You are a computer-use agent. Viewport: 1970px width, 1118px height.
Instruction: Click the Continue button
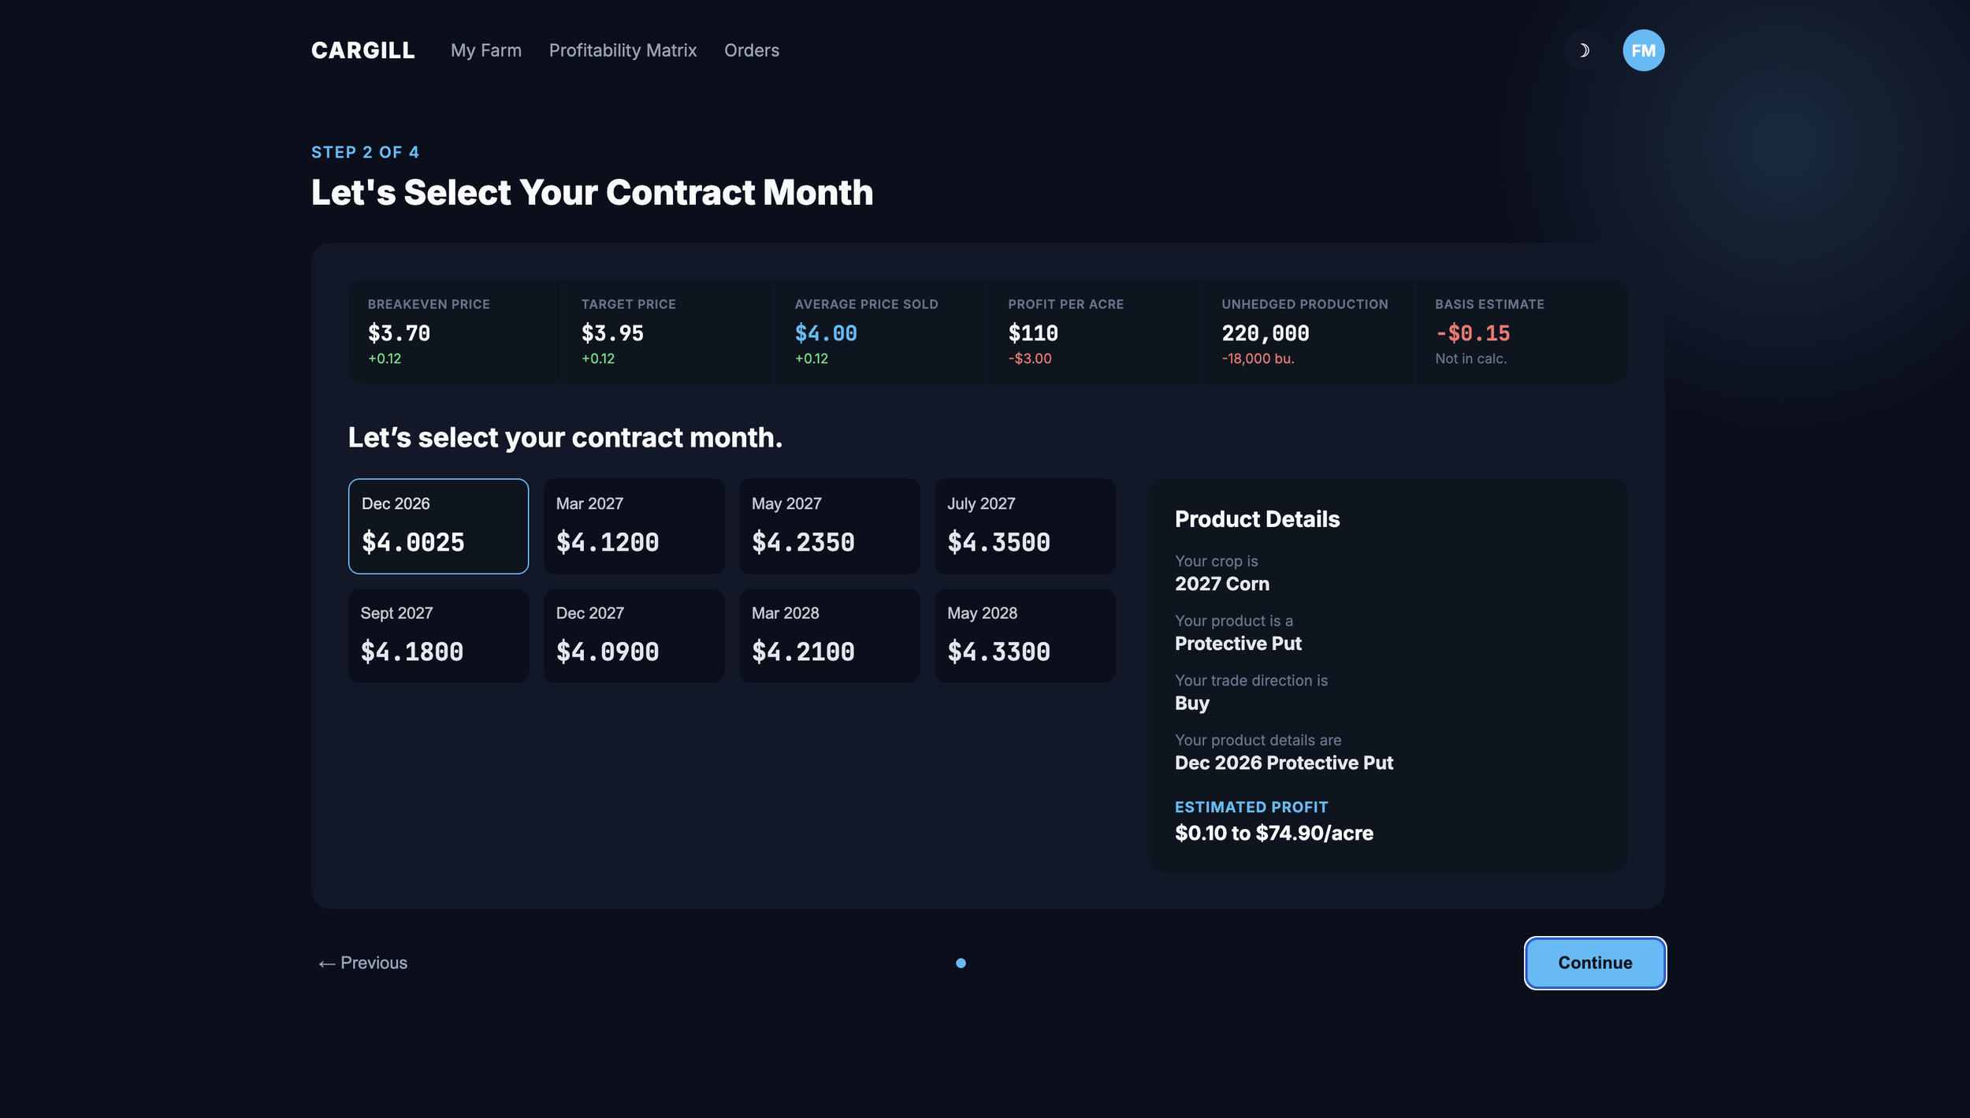(1595, 963)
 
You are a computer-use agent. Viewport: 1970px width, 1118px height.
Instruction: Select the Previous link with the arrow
(362, 963)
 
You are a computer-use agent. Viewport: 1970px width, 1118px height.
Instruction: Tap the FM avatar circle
(1643, 50)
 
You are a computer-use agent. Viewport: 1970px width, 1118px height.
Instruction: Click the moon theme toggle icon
(1584, 50)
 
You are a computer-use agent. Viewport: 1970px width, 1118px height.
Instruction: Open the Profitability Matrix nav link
(623, 50)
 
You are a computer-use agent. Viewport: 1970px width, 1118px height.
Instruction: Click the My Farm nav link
(486, 50)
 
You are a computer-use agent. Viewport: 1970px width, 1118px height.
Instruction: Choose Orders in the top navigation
(752, 50)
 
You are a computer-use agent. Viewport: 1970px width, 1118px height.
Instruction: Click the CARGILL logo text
(362, 50)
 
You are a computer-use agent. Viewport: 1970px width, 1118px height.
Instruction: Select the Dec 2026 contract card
(438, 526)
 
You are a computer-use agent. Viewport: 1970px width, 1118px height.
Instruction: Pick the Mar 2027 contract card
(634, 526)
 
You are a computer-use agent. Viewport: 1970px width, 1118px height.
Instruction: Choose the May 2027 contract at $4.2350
(829, 526)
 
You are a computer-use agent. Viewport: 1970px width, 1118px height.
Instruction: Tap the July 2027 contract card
(1025, 526)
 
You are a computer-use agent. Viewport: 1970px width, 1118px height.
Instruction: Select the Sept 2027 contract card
(438, 636)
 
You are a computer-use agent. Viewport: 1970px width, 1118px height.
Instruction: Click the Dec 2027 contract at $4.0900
(634, 636)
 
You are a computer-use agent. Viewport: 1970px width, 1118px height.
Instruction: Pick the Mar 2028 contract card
(829, 636)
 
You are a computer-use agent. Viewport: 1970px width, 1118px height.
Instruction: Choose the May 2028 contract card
(1025, 636)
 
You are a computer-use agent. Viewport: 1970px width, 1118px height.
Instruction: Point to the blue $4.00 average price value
(826, 333)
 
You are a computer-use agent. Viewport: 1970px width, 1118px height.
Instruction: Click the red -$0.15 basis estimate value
(1473, 333)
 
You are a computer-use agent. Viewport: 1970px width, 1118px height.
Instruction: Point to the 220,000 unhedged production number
(1266, 333)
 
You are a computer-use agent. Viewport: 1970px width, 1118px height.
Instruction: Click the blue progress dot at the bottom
(961, 963)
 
